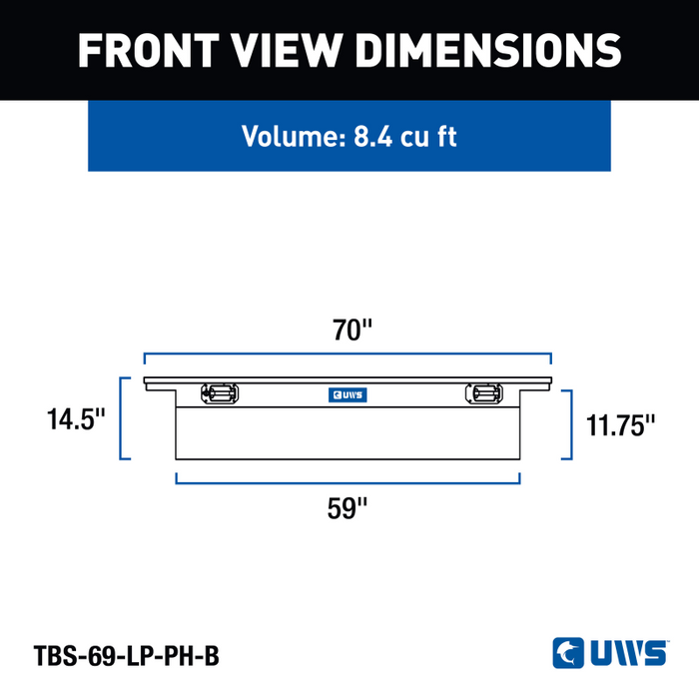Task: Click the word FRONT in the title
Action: [149, 50]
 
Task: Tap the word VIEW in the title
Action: [287, 50]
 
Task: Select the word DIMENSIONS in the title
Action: [488, 50]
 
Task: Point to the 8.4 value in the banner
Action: [373, 137]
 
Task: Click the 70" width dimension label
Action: [351, 330]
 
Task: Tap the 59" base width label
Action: [348, 507]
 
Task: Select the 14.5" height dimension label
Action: [76, 419]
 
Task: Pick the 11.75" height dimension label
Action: [620, 425]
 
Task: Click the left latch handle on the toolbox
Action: [220, 393]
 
